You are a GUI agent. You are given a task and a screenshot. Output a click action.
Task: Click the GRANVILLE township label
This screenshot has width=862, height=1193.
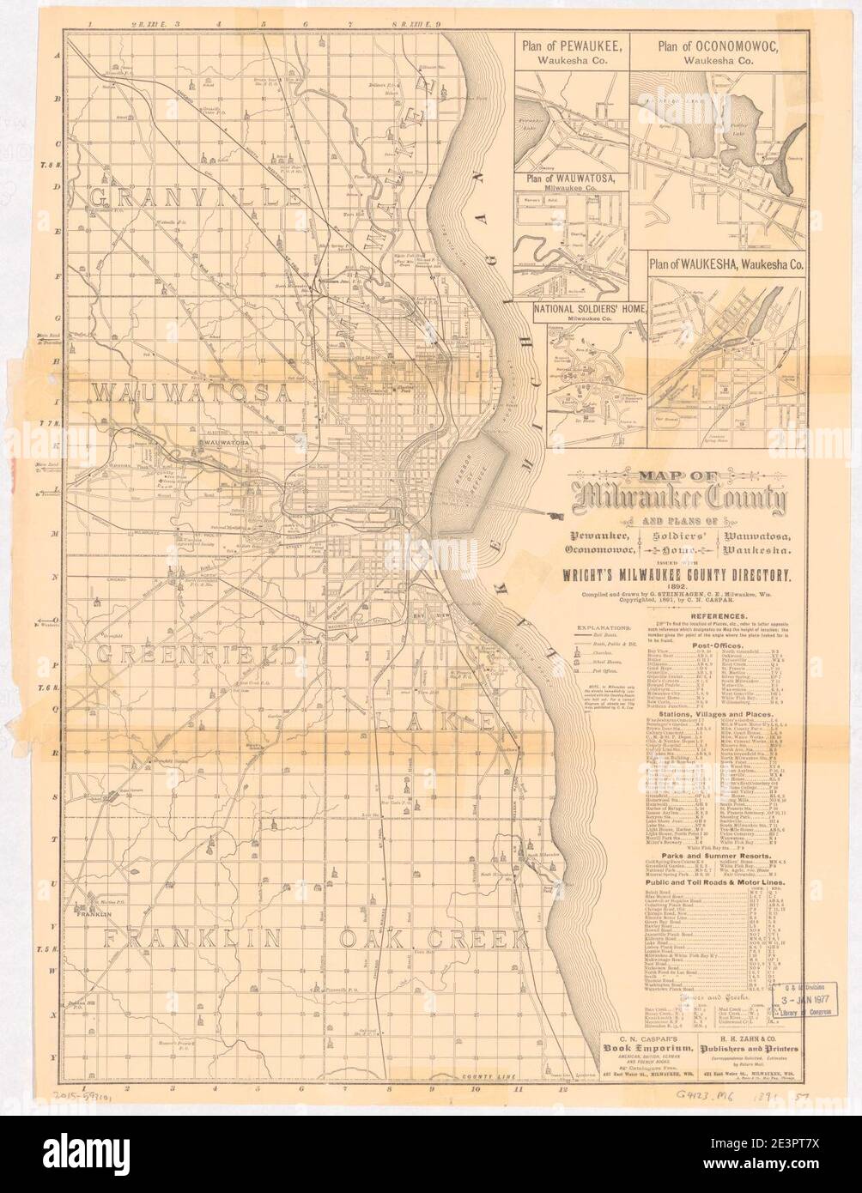click(196, 197)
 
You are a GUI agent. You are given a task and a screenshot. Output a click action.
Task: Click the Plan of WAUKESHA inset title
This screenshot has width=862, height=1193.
click(726, 265)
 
